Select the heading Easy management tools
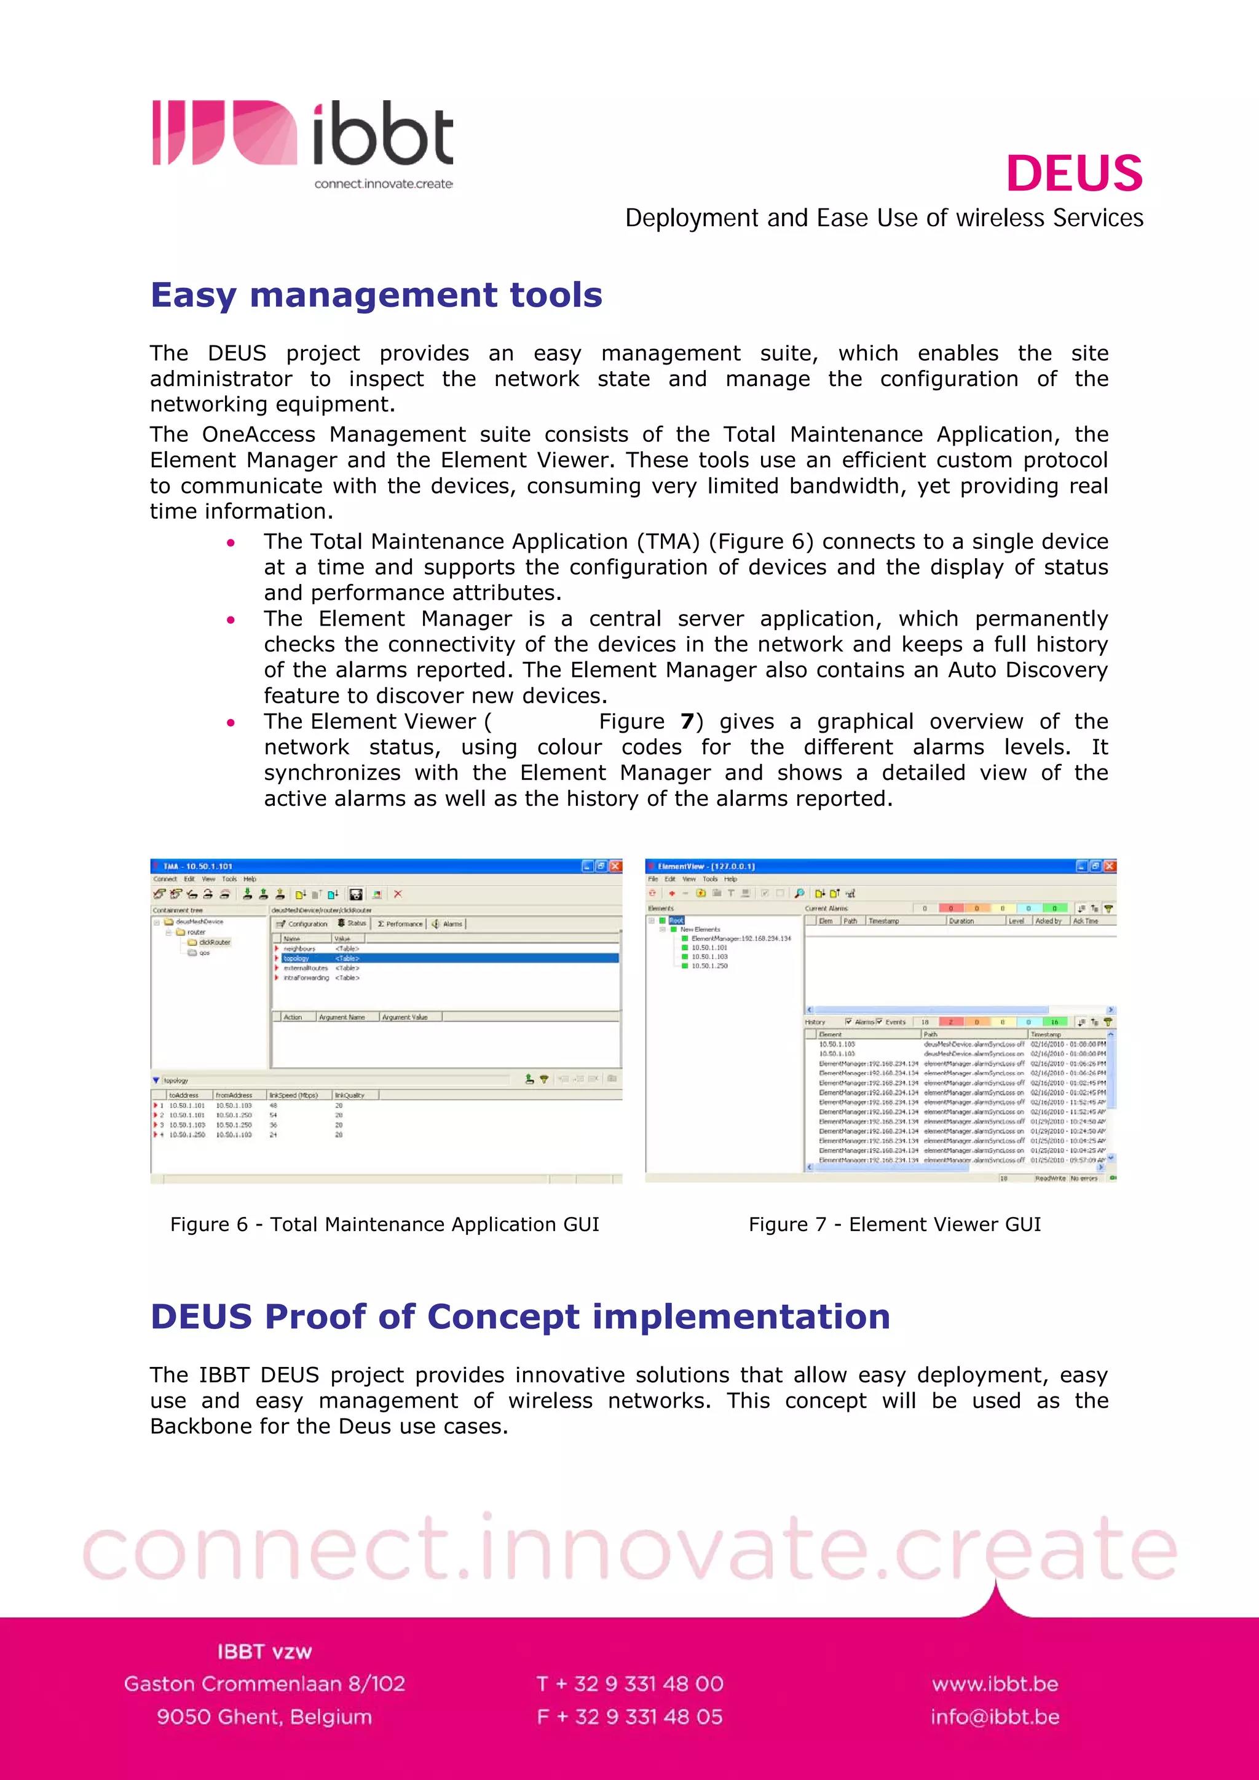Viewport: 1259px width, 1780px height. click(x=376, y=296)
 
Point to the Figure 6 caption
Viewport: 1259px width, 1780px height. click(x=384, y=1224)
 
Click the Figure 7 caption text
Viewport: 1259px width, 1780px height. click(x=894, y=1224)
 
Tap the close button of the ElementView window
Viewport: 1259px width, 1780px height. click(x=1110, y=866)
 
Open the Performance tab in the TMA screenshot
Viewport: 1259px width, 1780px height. click(x=401, y=924)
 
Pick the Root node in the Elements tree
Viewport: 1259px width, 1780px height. click(x=676, y=920)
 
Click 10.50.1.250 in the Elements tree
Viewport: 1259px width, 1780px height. click(x=709, y=966)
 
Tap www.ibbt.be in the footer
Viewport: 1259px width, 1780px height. click(x=995, y=1684)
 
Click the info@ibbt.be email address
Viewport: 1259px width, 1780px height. click(x=995, y=1717)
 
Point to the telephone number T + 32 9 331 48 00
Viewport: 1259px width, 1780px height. click(x=629, y=1684)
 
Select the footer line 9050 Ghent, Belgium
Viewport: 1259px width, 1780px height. click(x=264, y=1717)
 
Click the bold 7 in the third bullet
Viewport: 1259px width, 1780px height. click(x=686, y=722)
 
